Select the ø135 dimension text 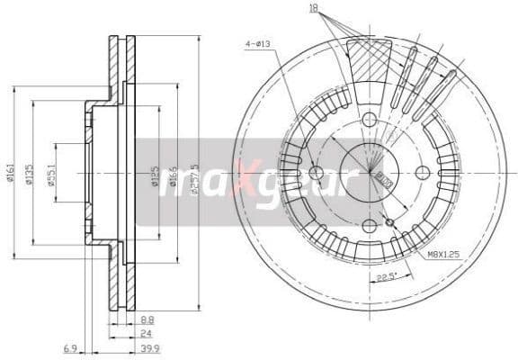[30, 173]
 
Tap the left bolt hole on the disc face [315, 172]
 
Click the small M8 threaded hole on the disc [389, 222]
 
